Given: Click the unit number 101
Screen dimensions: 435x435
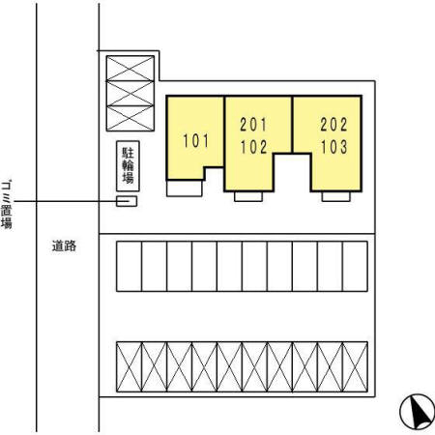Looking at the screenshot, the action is pyautogui.click(x=196, y=141).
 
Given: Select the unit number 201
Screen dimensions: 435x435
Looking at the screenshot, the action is pyautogui.click(x=253, y=125).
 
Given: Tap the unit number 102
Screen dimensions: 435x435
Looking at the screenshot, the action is pyautogui.click(x=253, y=147).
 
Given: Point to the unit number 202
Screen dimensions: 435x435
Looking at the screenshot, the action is pyautogui.click(x=333, y=125).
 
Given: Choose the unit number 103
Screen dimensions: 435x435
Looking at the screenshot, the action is pyautogui.click(x=333, y=147).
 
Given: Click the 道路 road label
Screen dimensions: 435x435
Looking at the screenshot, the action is pyautogui.click(x=64, y=246).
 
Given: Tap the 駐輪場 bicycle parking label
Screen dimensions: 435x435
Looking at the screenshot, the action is pyautogui.click(x=128, y=165).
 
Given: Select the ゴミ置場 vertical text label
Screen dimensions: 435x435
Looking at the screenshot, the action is pyautogui.click(x=7, y=205).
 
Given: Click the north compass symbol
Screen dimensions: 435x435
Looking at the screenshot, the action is pyautogui.click(x=417, y=412).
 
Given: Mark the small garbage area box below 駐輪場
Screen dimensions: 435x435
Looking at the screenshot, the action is pyautogui.click(x=127, y=201).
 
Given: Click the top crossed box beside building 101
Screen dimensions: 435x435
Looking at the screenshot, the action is pyautogui.click(x=130, y=69).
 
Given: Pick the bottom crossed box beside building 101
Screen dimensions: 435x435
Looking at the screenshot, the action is pyautogui.click(x=130, y=118).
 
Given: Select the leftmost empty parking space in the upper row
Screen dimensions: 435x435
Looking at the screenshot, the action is pyautogui.click(x=129, y=267).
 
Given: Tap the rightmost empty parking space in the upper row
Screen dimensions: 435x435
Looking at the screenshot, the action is pyautogui.click(x=355, y=267).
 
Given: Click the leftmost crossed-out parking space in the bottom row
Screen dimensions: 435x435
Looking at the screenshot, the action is pyautogui.click(x=129, y=367).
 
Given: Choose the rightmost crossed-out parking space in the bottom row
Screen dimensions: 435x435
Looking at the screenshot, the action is pyautogui.click(x=355, y=367).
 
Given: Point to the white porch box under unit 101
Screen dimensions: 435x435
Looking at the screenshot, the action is pyautogui.click(x=185, y=188).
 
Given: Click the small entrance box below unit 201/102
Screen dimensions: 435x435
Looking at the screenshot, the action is pyautogui.click(x=248, y=196).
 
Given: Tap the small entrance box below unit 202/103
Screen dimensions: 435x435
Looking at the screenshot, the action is pyautogui.click(x=335, y=196).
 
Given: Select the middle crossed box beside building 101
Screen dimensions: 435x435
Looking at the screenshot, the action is pyautogui.click(x=130, y=94).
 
